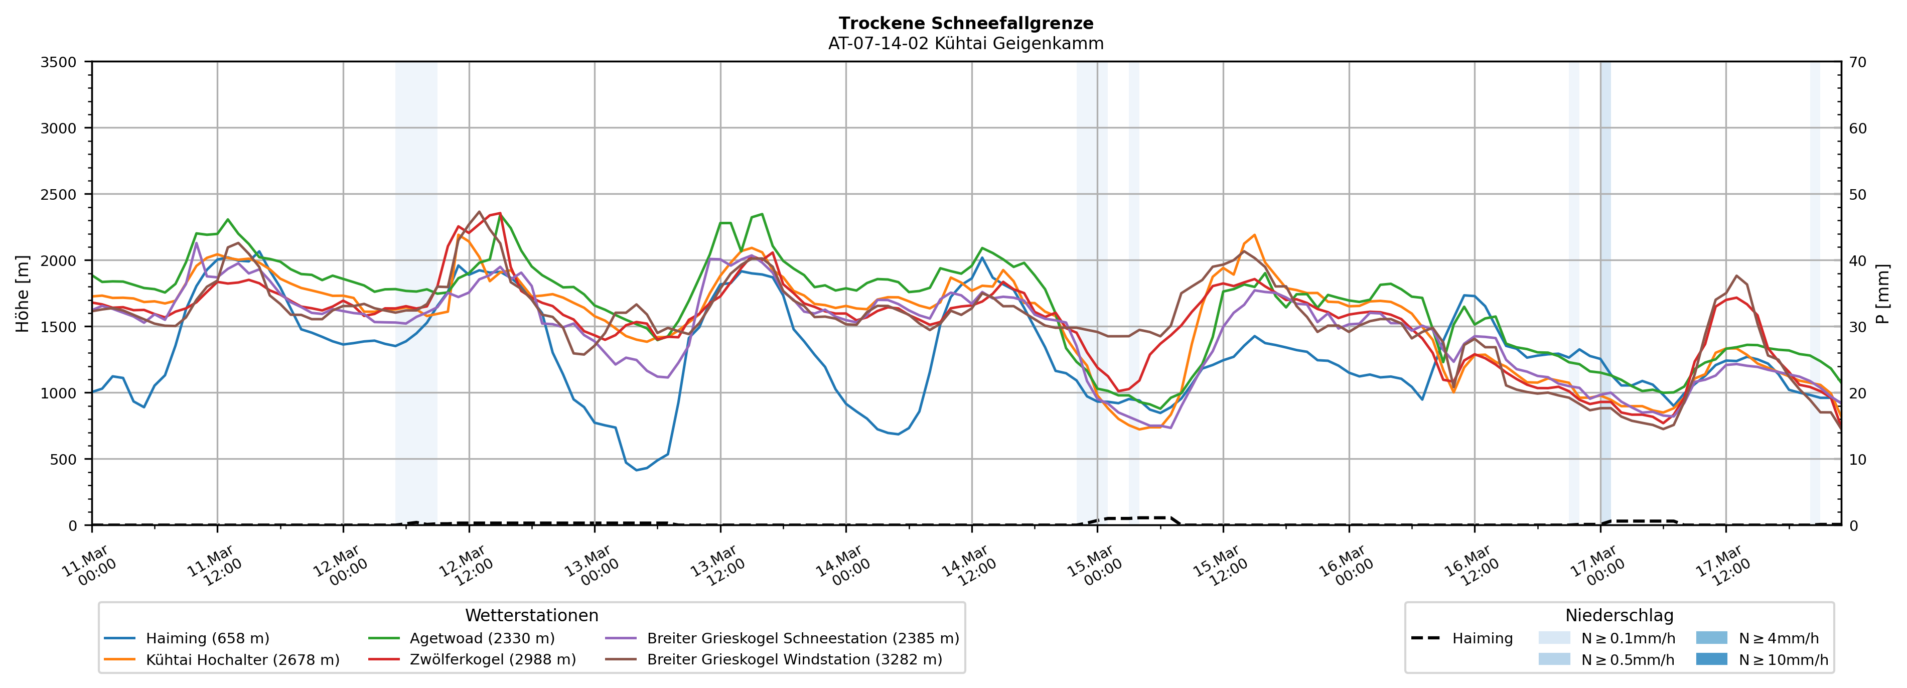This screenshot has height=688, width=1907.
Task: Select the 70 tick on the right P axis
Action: (x=1858, y=62)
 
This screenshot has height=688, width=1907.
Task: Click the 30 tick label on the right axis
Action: (x=1858, y=327)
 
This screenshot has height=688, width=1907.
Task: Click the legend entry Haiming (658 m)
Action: (x=207, y=638)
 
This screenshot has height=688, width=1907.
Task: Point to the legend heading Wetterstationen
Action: (x=531, y=615)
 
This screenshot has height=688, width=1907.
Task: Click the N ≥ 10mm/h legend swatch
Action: (x=1711, y=659)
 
